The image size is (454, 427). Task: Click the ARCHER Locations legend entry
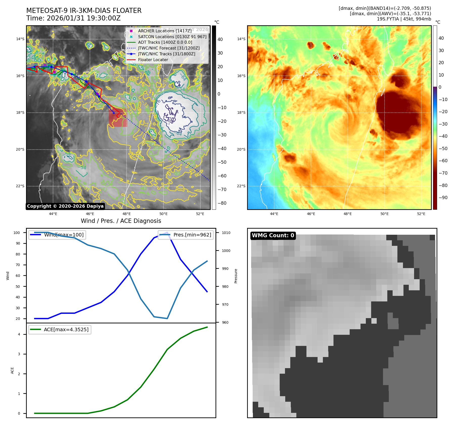[x=165, y=31]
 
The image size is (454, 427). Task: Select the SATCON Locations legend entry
[x=172, y=37]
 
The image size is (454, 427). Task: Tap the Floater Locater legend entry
[x=153, y=60]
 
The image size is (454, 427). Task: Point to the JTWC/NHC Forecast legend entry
[x=169, y=48]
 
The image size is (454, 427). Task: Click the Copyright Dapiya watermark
[x=65, y=206]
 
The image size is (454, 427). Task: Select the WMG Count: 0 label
[x=273, y=235]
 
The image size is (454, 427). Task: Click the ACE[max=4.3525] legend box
[x=60, y=330]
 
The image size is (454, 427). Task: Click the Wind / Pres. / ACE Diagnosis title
[x=121, y=221]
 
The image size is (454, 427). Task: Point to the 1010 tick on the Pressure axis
[x=226, y=233]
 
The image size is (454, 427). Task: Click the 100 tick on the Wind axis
[x=17, y=233]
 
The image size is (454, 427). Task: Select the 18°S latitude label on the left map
[x=20, y=113]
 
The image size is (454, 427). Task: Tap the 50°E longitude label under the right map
[x=384, y=214]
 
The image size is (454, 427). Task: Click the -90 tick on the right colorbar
[x=443, y=198]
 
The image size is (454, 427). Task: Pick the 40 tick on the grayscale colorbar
[x=220, y=39]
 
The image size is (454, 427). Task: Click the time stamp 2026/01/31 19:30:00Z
[x=84, y=18]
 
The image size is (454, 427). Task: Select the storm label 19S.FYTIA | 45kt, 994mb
[x=404, y=19]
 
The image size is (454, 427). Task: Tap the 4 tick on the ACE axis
[x=19, y=334]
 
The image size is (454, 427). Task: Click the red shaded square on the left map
[x=118, y=118]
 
